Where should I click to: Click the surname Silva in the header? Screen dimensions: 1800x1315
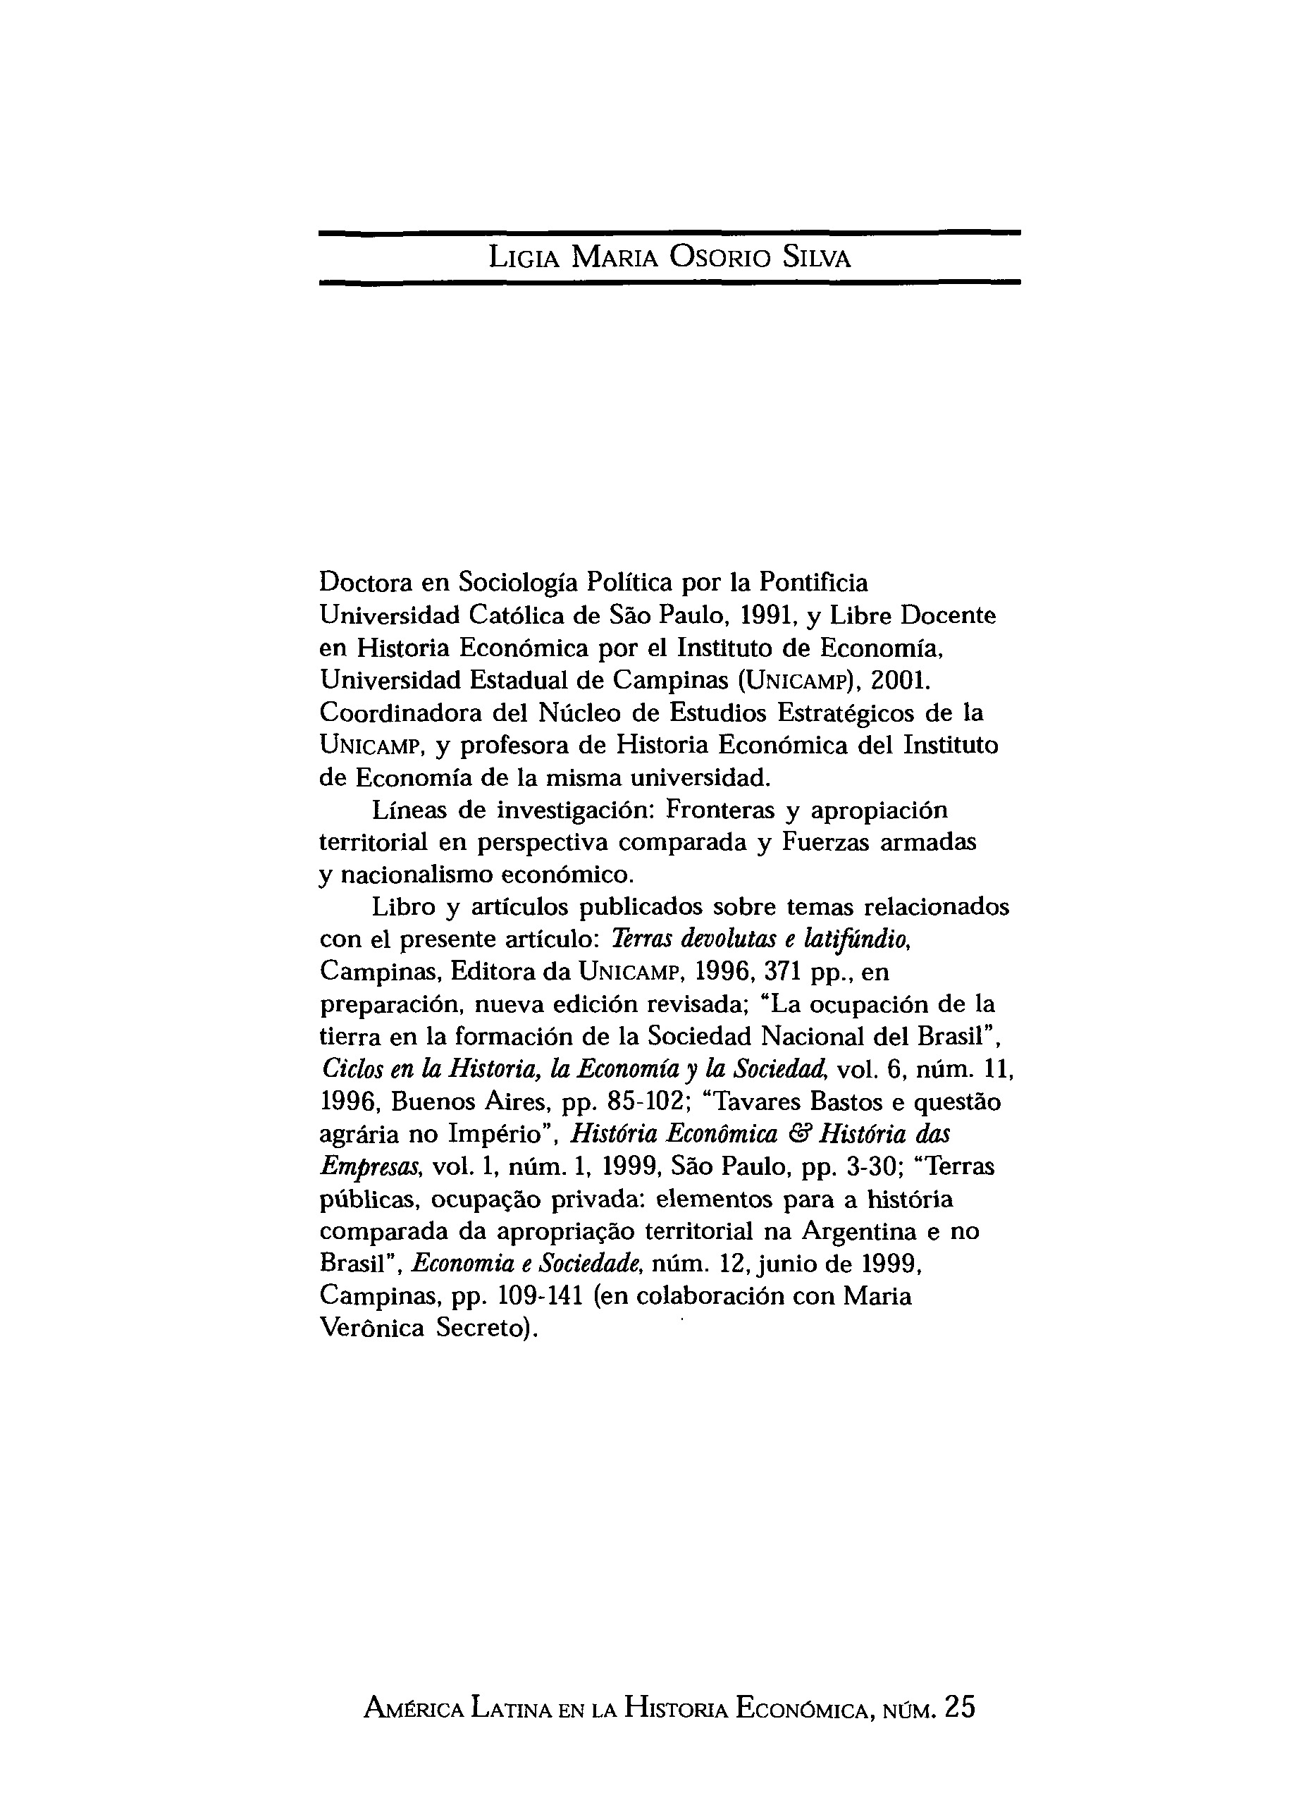(817, 258)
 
